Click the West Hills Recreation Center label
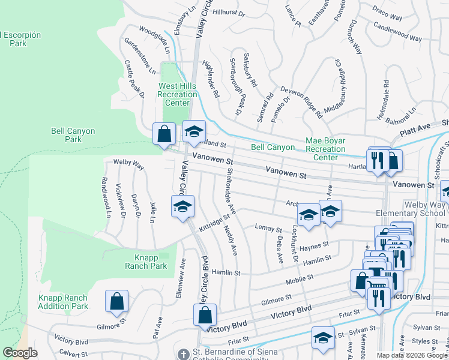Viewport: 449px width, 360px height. coord(177,94)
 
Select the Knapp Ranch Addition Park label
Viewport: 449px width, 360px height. coord(63,302)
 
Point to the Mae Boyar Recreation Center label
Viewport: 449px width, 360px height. coord(325,149)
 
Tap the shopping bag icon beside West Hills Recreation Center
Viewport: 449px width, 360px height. coord(164,134)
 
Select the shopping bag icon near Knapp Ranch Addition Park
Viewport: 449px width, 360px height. coord(116,302)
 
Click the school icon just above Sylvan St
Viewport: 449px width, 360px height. coord(323,338)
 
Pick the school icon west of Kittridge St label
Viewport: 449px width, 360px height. coord(182,208)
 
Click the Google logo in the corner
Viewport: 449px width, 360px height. coord(20,353)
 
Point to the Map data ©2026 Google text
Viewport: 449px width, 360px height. coord(411,355)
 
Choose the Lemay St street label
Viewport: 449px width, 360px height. coord(268,229)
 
